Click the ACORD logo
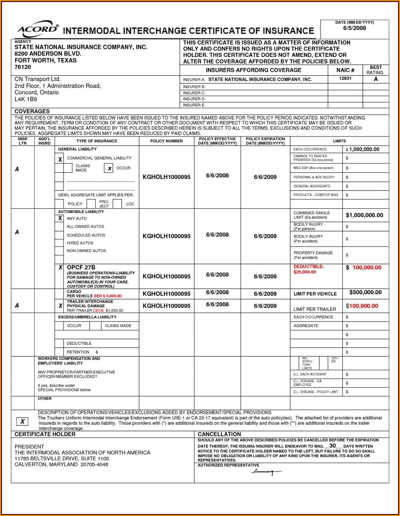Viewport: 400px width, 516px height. click(38, 29)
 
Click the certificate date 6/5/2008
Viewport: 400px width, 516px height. click(354, 28)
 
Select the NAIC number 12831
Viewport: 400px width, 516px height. click(345, 79)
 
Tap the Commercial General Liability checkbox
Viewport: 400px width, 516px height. click(60, 159)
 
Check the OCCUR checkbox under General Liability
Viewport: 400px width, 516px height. click(109, 168)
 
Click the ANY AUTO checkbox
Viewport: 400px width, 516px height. click(60, 218)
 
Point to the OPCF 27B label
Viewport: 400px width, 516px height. click(81, 267)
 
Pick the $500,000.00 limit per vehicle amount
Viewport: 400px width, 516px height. click(365, 292)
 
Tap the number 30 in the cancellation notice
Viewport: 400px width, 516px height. click(332, 446)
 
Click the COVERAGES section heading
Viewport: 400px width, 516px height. click(32, 111)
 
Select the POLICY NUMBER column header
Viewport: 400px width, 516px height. click(166, 141)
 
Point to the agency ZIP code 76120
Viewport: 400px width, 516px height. click(23, 67)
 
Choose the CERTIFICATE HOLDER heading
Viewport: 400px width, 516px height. click(45, 434)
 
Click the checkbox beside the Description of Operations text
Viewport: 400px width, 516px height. click(23, 422)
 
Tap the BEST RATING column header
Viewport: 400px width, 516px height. click(375, 70)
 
